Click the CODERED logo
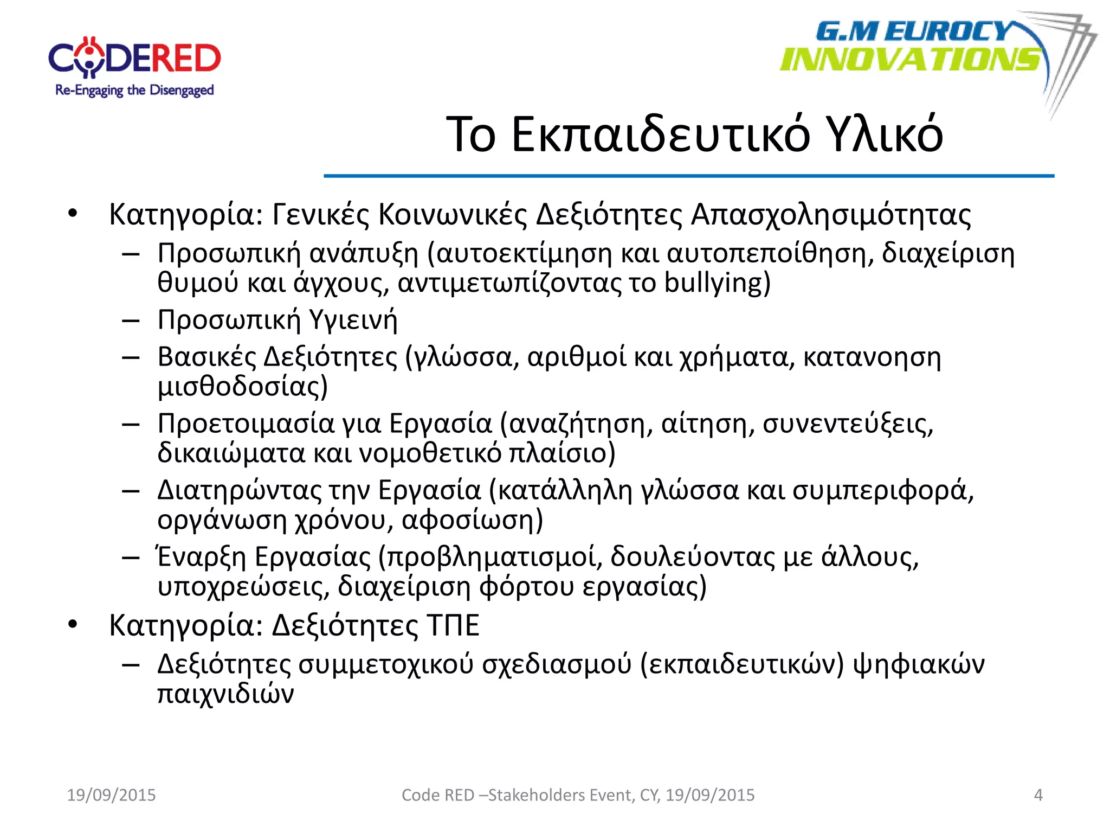(x=134, y=59)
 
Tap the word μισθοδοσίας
(x=242, y=387)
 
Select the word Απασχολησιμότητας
(x=831, y=215)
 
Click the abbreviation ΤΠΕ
(x=453, y=625)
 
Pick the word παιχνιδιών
(x=225, y=694)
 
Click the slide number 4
(x=1038, y=795)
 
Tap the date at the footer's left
(x=111, y=795)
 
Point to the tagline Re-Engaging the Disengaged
(x=134, y=91)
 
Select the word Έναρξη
(x=202, y=557)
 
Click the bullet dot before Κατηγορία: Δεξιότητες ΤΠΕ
(x=73, y=625)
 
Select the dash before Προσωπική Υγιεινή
(x=131, y=321)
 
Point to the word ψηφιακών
(x=919, y=664)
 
